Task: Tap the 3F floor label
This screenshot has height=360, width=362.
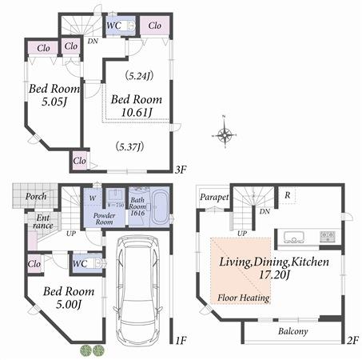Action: (181, 170)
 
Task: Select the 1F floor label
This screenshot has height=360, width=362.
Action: (181, 340)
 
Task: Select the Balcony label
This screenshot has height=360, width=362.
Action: (294, 330)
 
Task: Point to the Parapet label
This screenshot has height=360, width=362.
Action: (215, 197)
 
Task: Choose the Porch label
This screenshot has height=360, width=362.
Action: (34, 196)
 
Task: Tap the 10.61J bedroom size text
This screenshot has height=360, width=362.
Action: (137, 114)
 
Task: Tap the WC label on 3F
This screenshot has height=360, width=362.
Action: (113, 25)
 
